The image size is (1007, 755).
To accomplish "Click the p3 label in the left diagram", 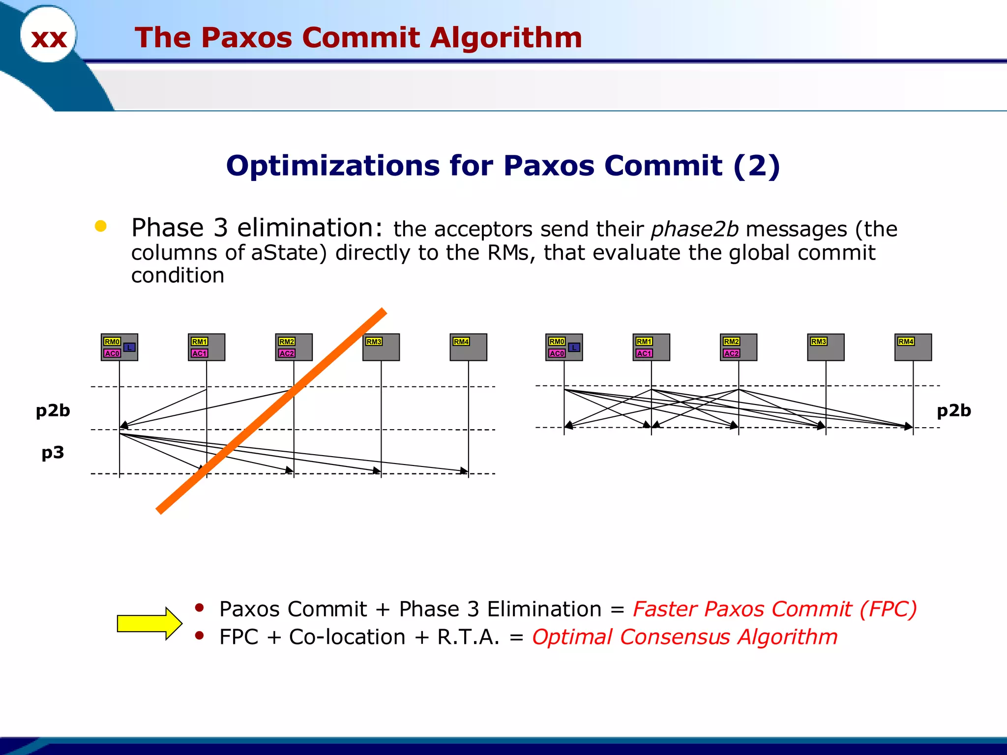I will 53,452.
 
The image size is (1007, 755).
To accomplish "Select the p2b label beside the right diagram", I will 953,410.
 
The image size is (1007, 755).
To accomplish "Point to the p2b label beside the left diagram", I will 53,410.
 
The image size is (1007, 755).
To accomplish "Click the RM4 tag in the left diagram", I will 461,342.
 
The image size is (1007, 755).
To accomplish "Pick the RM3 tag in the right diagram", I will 818,342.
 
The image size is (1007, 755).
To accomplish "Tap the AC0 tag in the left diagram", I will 112,353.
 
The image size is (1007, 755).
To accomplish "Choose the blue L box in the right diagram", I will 574,348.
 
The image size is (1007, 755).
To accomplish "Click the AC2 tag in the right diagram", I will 731,353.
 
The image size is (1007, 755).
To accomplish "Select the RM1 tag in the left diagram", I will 199,342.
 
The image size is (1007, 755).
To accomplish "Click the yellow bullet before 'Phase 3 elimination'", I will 101,226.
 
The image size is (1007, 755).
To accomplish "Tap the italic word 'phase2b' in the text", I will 694,229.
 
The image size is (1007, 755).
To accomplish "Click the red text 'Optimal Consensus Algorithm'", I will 684,637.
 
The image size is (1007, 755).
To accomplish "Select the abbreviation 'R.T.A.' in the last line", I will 468,637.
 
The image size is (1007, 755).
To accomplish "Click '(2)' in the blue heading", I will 756,166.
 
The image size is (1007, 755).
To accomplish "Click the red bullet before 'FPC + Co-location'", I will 199,636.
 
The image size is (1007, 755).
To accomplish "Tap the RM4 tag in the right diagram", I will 906,342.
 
